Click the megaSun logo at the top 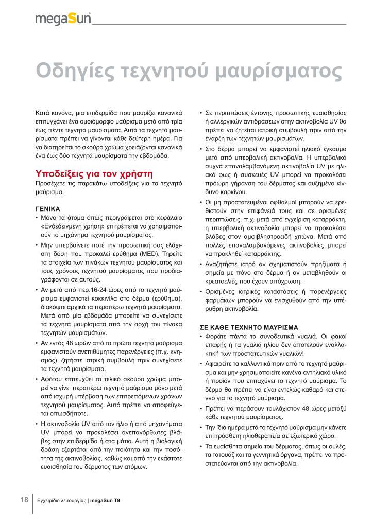[63, 19]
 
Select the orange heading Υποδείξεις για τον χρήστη [95, 172]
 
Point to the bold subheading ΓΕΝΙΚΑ [48, 209]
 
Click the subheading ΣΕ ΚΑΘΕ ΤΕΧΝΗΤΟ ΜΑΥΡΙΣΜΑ [248, 327]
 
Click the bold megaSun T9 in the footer [106, 501]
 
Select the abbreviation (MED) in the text [134, 254]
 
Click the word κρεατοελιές [223, 282]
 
